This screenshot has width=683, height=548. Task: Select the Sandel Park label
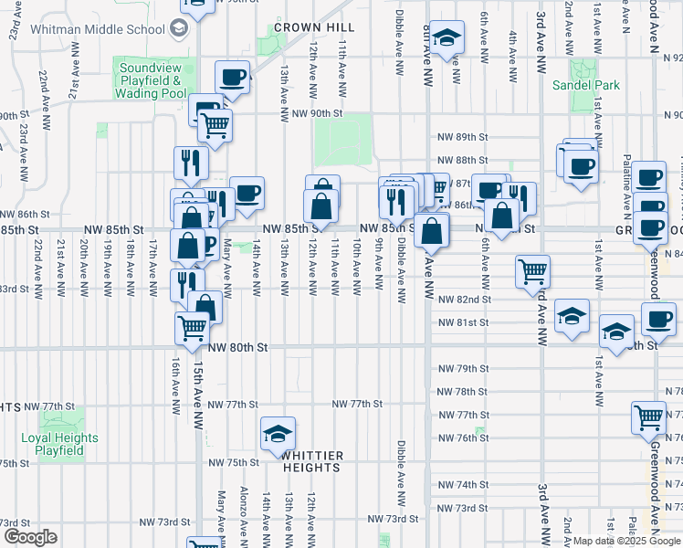pyautogui.click(x=586, y=85)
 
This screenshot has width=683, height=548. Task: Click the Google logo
pyautogui.click(x=30, y=537)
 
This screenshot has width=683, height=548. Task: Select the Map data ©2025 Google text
pyautogui.click(x=626, y=541)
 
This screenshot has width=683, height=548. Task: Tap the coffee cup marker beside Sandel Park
pyautogui.click(x=580, y=165)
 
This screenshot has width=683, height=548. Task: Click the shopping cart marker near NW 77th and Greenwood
pyautogui.click(x=648, y=416)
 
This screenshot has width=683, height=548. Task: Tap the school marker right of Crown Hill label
pyautogui.click(x=446, y=37)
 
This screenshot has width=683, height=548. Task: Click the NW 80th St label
pyautogui.click(x=236, y=348)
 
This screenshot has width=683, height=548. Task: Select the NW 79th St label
pyautogui.click(x=463, y=368)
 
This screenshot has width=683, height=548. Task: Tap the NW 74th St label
pyautogui.click(x=463, y=484)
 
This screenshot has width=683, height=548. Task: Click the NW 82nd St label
pyautogui.click(x=464, y=299)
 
